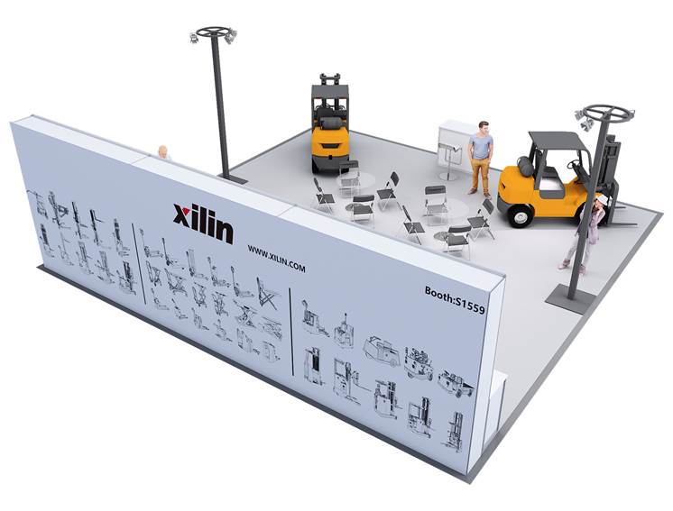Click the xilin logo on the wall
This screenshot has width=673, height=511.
pos(204,223)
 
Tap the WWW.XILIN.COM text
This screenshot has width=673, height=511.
pos(276,259)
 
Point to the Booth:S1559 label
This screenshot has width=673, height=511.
pos(455,300)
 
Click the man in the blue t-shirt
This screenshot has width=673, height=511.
pos(481,158)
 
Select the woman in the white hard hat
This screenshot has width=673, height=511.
pos(585,233)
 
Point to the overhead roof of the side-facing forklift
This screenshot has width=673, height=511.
pos(558,141)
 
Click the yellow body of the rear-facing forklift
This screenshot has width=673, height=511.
pos(329,141)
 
